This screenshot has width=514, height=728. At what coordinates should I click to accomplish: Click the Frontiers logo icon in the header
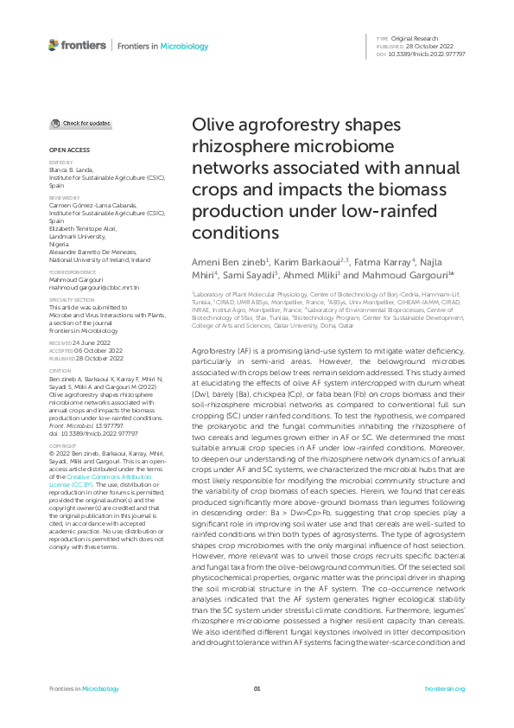click(x=54, y=44)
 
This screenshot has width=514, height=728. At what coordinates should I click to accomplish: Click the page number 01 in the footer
click(x=257, y=688)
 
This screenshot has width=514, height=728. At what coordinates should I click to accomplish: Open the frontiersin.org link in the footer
click(x=446, y=688)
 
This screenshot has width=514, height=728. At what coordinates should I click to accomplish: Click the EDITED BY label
click(x=59, y=162)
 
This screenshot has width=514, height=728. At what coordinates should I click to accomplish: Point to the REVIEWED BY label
click(x=61, y=196)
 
